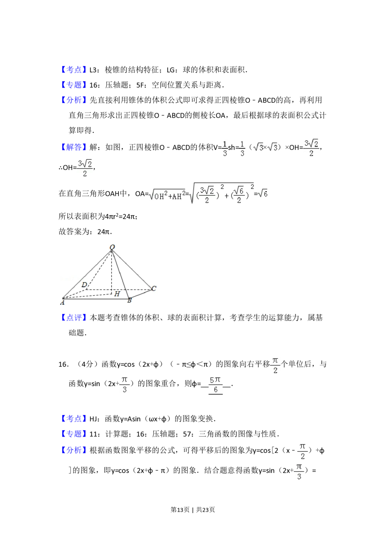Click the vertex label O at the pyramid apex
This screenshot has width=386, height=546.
pos(112,247)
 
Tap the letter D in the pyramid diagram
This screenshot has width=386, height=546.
pos(84,285)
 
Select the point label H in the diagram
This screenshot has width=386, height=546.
pos(117,294)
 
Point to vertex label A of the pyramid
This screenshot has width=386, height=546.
pos(62,303)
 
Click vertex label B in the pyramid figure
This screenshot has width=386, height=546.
pos(129,301)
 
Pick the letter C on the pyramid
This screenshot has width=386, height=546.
pos(154,288)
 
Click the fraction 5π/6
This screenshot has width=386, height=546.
pos(216,385)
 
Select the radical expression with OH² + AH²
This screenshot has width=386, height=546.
pos(167,195)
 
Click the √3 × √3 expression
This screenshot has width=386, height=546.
pos(264,148)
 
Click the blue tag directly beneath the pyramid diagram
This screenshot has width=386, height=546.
pos(74,317)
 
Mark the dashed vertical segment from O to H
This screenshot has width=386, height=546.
pos(112,270)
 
